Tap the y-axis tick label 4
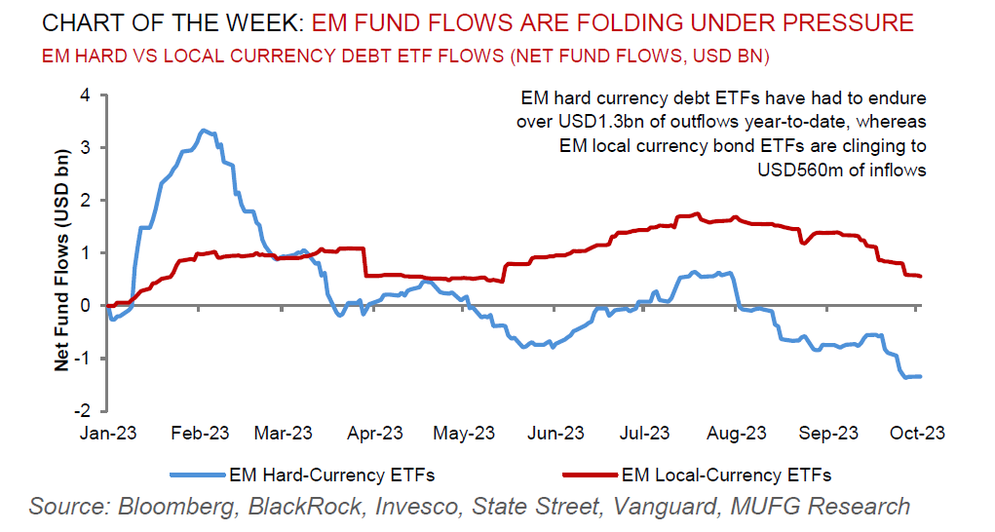pyautogui.click(x=85, y=95)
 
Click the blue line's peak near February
pyautogui.click(x=202, y=131)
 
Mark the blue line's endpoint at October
pyautogui.click(x=921, y=376)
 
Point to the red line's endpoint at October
pyautogui.click(x=921, y=277)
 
